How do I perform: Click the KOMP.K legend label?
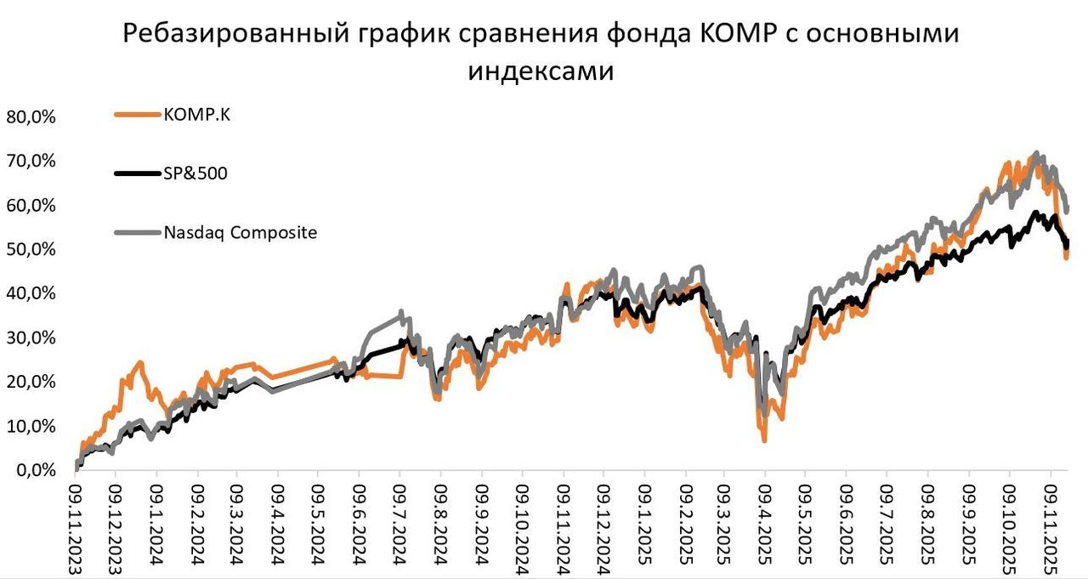coord(197,116)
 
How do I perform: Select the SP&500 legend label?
coord(195,173)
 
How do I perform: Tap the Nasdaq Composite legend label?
coord(241,232)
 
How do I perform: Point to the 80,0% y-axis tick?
coord(31,117)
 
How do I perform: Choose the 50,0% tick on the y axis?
coord(31,250)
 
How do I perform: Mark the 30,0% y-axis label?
coord(31,338)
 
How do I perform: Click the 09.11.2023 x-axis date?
coord(76,527)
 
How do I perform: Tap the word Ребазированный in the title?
coord(230,35)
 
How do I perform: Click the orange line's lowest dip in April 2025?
coord(765,440)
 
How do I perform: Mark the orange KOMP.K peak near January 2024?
coord(140,362)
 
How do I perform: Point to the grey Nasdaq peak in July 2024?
coord(401,312)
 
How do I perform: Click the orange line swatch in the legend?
coord(137,116)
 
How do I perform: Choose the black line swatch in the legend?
coord(137,174)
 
